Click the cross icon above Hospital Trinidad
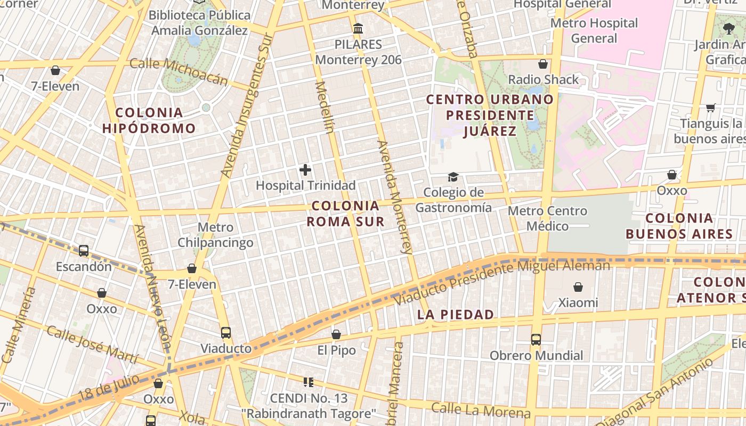click(305, 170)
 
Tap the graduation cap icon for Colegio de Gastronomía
click(453, 177)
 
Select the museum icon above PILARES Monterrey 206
click(358, 28)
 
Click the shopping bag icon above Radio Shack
click(543, 64)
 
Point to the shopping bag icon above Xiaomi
click(578, 288)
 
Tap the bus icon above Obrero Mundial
click(536, 339)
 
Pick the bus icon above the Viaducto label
click(226, 333)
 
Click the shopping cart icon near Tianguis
click(710, 108)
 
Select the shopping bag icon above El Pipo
click(336, 334)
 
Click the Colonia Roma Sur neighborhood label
click(346, 214)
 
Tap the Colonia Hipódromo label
click(149, 120)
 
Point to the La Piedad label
click(456, 315)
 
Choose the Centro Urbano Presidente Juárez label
click(490, 115)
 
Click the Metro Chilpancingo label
click(215, 235)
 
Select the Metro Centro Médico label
click(547, 218)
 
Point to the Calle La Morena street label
click(481, 410)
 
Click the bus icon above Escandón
click(84, 251)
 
